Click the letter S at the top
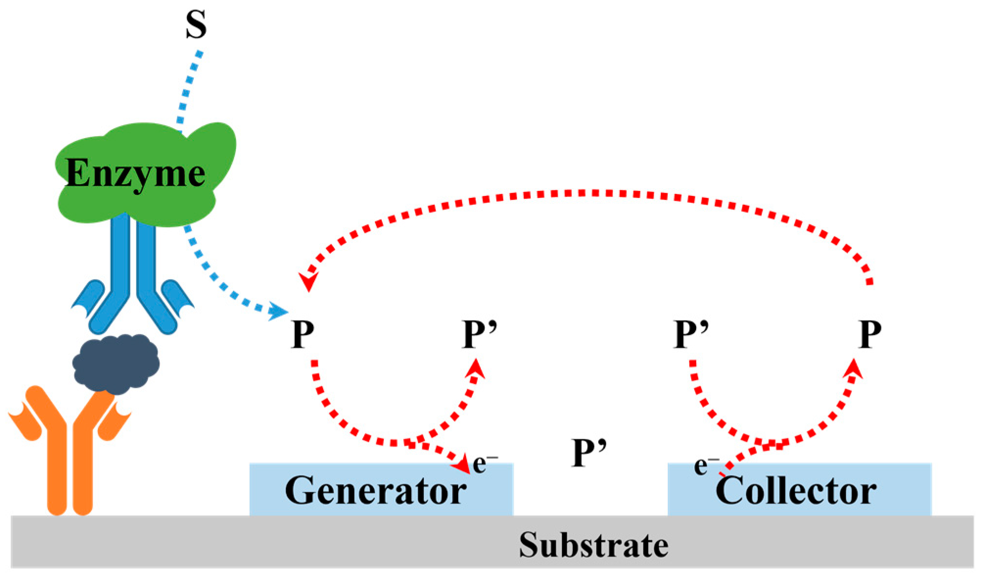(196, 25)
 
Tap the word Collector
(795, 490)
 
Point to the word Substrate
(593, 545)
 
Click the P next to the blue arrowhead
(303, 335)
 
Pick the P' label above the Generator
(480, 335)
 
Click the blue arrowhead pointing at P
(279, 311)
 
